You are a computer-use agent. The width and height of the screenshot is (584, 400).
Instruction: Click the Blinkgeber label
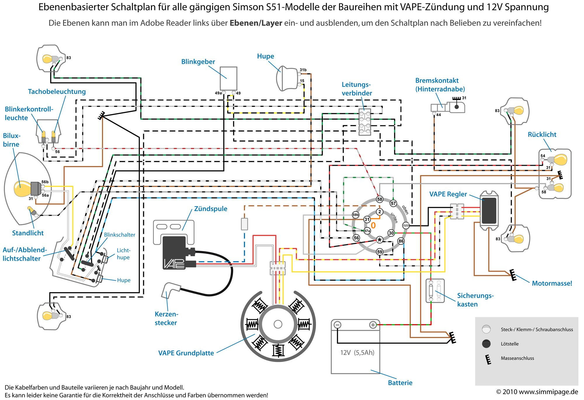click(x=198, y=62)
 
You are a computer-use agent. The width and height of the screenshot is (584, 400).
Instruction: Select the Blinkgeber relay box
click(x=228, y=78)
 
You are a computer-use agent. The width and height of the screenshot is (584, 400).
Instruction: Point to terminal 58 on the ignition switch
click(x=379, y=199)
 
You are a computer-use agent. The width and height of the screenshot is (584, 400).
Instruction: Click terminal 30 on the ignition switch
click(x=391, y=233)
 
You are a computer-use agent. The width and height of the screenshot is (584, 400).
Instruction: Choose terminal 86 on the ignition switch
click(x=401, y=241)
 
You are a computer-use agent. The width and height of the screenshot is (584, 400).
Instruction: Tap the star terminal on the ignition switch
click(x=379, y=240)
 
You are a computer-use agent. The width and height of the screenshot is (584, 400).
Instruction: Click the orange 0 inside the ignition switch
click(x=373, y=225)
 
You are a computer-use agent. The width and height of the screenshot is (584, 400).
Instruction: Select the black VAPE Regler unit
click(x=489, y=210)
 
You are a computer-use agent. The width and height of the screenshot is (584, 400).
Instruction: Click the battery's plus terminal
click(x=373, y=325)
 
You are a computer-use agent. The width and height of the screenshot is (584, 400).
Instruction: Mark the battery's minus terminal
click(x=337, y=325)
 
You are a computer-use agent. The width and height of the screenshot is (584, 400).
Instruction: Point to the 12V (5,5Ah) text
click(x=357, y=353)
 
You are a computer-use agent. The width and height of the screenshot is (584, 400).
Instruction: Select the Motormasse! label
click(x=552, y=283)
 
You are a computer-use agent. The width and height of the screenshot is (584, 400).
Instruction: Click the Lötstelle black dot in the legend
click(x=486, y=344)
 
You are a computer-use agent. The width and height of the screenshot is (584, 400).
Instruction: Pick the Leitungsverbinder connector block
click(x=365, y=122)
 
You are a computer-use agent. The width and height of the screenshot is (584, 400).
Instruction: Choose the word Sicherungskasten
click(x=475, y=300)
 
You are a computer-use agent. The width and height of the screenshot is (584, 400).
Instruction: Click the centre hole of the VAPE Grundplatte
click(x=278, y=324)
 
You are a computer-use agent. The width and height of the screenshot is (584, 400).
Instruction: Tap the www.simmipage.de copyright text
click(x=537, y=392)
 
